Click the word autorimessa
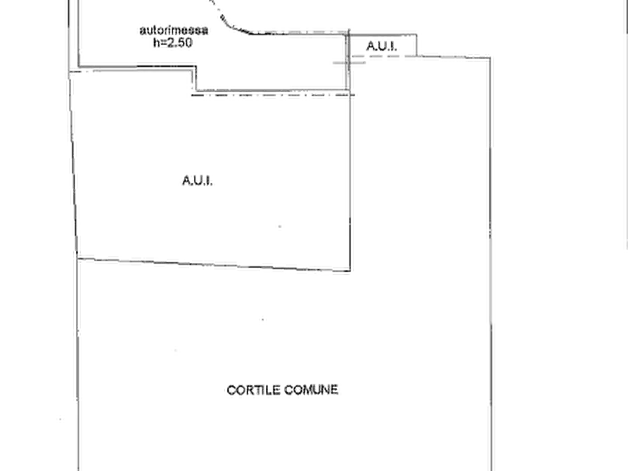point(174,30)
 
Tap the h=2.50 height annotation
point(173,42)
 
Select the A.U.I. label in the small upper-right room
point(382,46)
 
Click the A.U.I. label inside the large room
point(198,181)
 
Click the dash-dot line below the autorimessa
point(273,95)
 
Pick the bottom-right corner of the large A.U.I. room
point(350,271)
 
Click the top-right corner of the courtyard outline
point(490,58)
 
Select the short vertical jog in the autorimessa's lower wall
point(196,79)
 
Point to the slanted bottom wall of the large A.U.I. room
point(214,264)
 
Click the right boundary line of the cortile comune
point(491,264)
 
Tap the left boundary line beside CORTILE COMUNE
point(77,364)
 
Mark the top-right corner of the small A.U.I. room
point(416,35)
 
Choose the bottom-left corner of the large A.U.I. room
point(77,258)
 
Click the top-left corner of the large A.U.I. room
point(70,72)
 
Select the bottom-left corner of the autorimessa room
point(79,67)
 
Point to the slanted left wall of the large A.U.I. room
point(74,165)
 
